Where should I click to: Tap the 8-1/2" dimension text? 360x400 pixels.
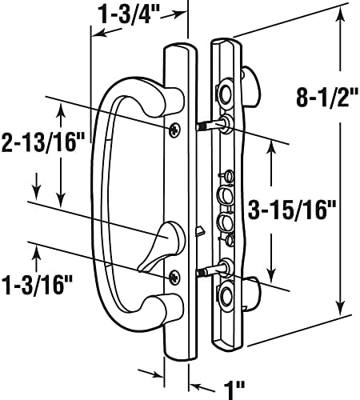coord(327,97)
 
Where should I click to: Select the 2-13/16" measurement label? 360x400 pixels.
coord(43,142)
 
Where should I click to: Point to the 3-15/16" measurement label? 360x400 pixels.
coord(292,210)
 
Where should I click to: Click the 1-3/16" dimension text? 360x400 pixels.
coord(37,285)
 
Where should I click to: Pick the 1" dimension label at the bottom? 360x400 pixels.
coord(234,390)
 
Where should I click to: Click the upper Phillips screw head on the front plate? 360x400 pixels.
coord(174,130)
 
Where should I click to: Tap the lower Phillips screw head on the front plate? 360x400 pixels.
coord(174,278)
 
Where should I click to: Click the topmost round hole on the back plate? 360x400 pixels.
coord(226,94)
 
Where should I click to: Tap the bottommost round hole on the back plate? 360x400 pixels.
coord(226,295)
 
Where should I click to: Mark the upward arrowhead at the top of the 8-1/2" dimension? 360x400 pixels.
coord(340,16)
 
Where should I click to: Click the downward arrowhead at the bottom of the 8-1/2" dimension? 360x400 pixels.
coord(340,307)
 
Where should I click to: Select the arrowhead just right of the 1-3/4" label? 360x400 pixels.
coord(178,14)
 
